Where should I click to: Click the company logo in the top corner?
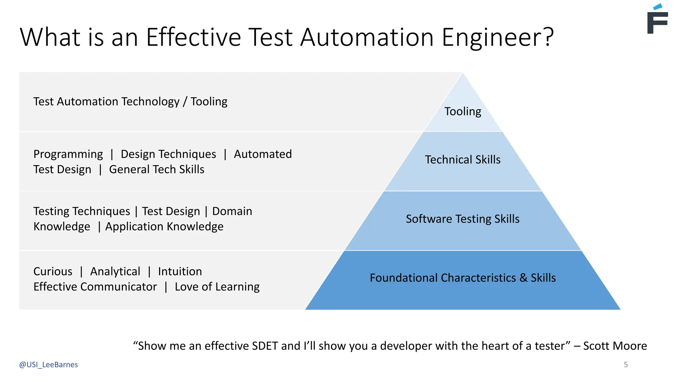657,19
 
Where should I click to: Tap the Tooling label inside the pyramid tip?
463,111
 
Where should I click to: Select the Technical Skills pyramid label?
463,159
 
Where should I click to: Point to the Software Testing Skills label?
463,219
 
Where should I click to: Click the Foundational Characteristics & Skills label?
463,278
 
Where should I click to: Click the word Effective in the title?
193,37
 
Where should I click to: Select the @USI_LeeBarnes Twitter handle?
48,365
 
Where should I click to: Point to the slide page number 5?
626,365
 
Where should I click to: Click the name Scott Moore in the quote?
615,346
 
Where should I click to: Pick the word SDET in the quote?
265,346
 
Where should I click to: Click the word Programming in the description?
68,154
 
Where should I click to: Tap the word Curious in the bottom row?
53,272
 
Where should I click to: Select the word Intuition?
180,272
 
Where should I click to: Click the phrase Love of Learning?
217,287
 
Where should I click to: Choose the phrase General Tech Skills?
157,169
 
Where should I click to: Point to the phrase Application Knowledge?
164,226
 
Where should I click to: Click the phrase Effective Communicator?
95,287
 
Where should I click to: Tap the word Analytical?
115,272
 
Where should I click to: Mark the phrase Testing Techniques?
82,211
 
